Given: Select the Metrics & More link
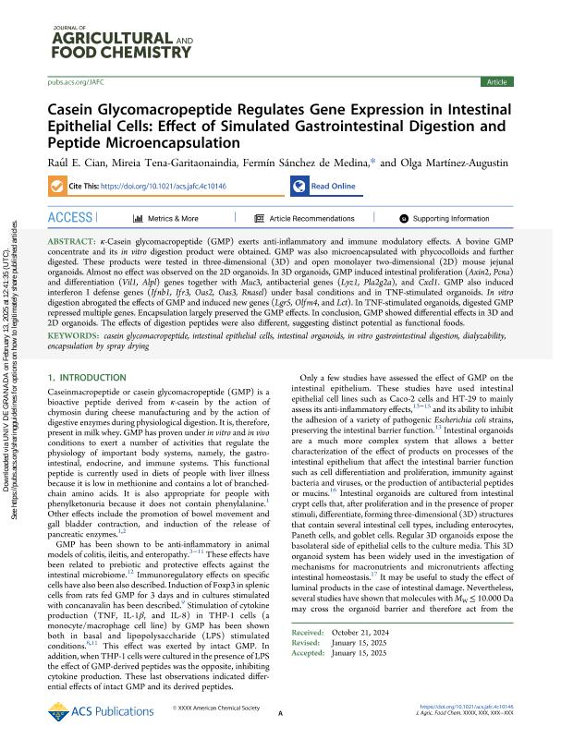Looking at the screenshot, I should pos(172,219).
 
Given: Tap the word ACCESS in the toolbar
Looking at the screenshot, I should pos(70,218).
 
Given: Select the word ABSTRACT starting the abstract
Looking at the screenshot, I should pos(75,240).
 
